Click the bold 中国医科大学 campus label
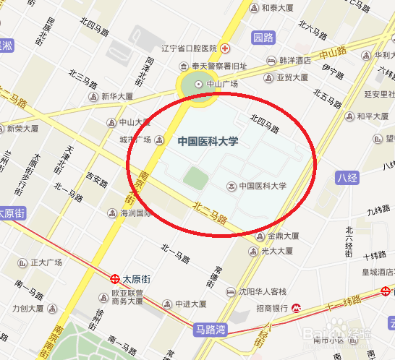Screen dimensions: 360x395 [208, 142]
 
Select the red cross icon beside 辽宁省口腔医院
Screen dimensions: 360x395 [226, 48]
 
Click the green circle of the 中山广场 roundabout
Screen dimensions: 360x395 [192, 84]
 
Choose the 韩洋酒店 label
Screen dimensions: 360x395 [294, 61]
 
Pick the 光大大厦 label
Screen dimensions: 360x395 [278, 251]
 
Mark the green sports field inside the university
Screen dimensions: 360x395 [195, 176]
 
